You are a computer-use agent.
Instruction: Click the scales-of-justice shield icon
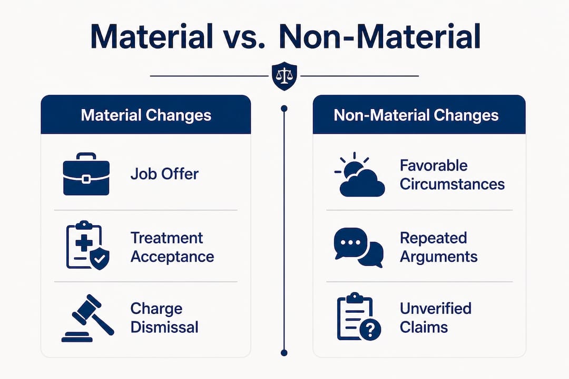[284, 76]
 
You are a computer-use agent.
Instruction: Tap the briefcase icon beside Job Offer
[86, 174]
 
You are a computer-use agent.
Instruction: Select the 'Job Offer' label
[164, 174]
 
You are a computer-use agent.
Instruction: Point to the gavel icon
[88, 318]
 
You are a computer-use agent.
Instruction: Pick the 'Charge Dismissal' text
[164, 318]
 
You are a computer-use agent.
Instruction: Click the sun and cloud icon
[359, 175]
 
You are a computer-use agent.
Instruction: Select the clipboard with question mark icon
[359, 316]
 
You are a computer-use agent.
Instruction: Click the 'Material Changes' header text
[146, 115]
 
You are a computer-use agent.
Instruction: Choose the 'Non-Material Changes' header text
[416, 115]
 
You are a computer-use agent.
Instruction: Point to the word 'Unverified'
[436, 308]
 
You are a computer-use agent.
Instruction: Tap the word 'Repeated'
[433, 238]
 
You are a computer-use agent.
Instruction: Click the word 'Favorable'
[434, 165]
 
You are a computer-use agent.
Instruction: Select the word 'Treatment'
[166, 238]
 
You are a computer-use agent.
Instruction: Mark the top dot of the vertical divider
[284, 108]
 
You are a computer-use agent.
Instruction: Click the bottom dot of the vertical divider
[284, 353]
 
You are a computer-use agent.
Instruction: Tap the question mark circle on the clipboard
[370, 330]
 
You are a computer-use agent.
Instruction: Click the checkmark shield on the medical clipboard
[100, 259]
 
